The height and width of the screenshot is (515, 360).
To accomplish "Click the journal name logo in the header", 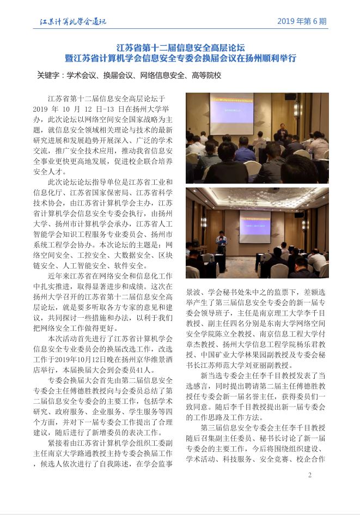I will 74,22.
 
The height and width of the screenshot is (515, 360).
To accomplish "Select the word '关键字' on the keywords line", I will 48,75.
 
